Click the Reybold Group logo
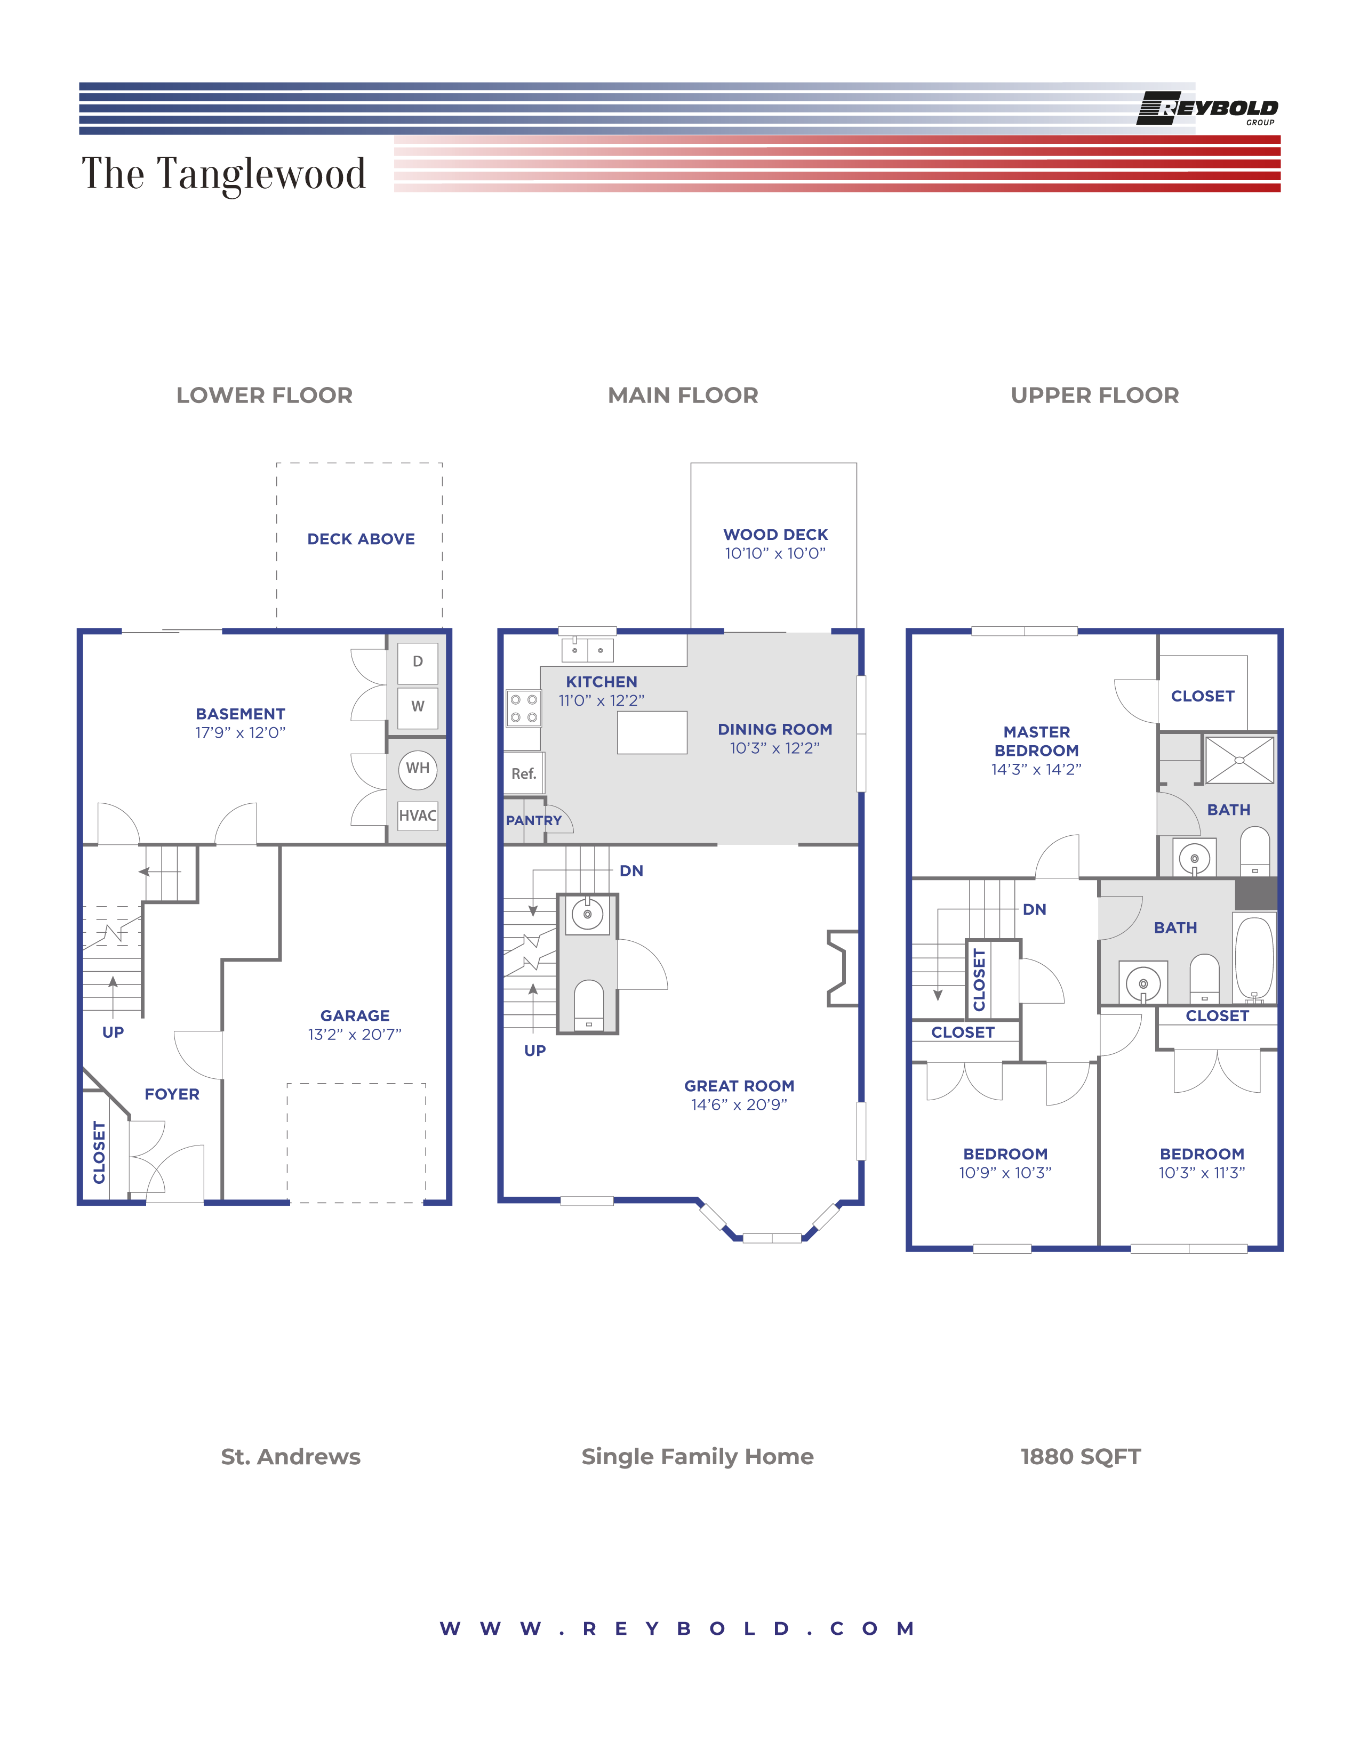1207,109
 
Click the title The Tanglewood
224,174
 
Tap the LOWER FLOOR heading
264,396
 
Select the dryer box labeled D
418,662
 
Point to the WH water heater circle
418,768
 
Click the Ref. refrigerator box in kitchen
524,774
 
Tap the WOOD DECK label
775,535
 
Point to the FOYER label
172,1094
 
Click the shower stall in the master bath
1239,760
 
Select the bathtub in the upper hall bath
1254,958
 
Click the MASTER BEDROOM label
1036,741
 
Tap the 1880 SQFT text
1081,1457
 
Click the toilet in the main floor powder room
588,1004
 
